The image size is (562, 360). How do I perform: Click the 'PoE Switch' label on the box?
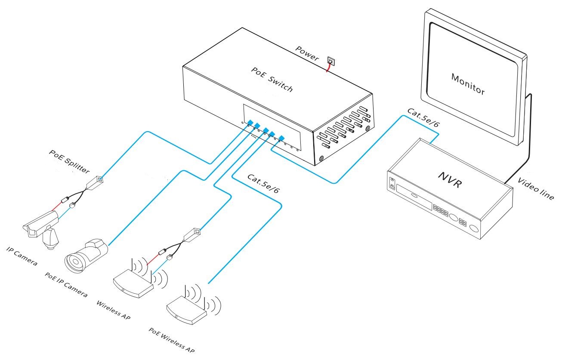click(272, 80)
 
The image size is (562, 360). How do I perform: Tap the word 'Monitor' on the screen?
click(468, 84)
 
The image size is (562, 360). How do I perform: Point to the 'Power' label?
click(307, 53)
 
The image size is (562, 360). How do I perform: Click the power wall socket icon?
click(330, 61)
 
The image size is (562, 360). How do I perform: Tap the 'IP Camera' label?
click(22, 255)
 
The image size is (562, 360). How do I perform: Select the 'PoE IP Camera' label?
click(67, 284)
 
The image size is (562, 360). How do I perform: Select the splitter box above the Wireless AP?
click(192, 234)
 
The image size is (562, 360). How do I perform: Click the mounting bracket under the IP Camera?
click(50, 237)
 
